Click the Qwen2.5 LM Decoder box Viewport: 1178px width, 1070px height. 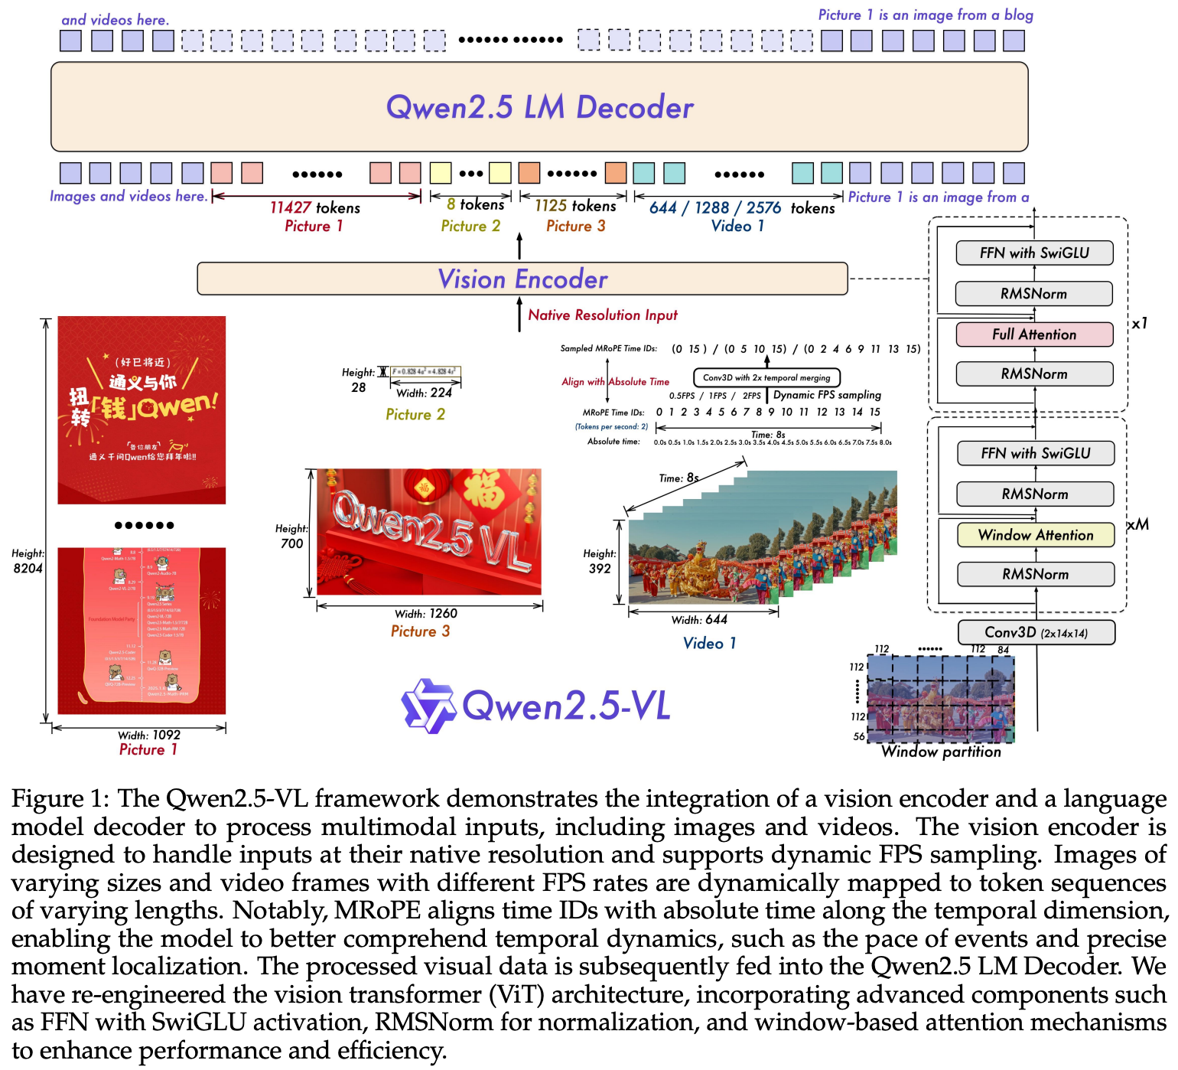click(x=539, y=107)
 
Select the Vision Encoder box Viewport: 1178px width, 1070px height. click(x=522, y=279)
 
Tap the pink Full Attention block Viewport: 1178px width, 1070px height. click(x=1034, y=334)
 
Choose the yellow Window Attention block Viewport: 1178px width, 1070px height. click(x=1036, y=535)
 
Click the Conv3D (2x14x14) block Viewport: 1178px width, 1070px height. click(x=1036, y=633)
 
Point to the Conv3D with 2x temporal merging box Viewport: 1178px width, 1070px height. click(x=766, y=377)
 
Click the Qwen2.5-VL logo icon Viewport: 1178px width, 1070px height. click(x=428, y=705)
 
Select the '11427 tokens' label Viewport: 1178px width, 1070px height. click(x=315, y=207)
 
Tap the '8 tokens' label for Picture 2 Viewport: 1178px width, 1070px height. click(x=475, y=204)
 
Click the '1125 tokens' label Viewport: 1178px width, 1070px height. click(x=575, y=206)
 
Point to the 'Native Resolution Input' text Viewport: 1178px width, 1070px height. click(x=603, y=315)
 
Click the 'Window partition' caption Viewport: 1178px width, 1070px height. click(x=941, y=752)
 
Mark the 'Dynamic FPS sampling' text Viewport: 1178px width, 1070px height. click(x=827, y=395)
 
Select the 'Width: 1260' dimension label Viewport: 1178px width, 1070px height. click(x=426, y=614)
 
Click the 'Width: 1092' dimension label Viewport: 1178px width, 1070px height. click(x=149, y=735)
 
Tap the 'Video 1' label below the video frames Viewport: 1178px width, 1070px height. click(x=709, y=643)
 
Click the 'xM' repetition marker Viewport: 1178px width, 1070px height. click(x=1137, y=524)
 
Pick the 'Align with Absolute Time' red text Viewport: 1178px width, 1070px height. click(x=615, y=381)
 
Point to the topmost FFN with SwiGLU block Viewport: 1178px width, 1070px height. click(x=1034, y=253)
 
